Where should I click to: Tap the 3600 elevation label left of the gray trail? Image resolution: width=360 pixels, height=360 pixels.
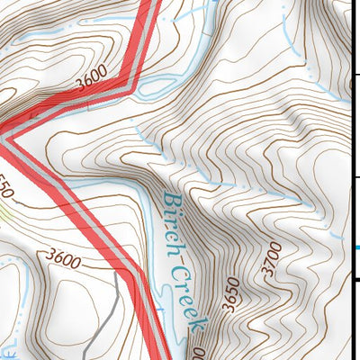[67, 262]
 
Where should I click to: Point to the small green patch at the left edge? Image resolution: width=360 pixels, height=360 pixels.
[4, 212]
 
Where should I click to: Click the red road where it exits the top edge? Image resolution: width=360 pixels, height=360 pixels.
[153, 4]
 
